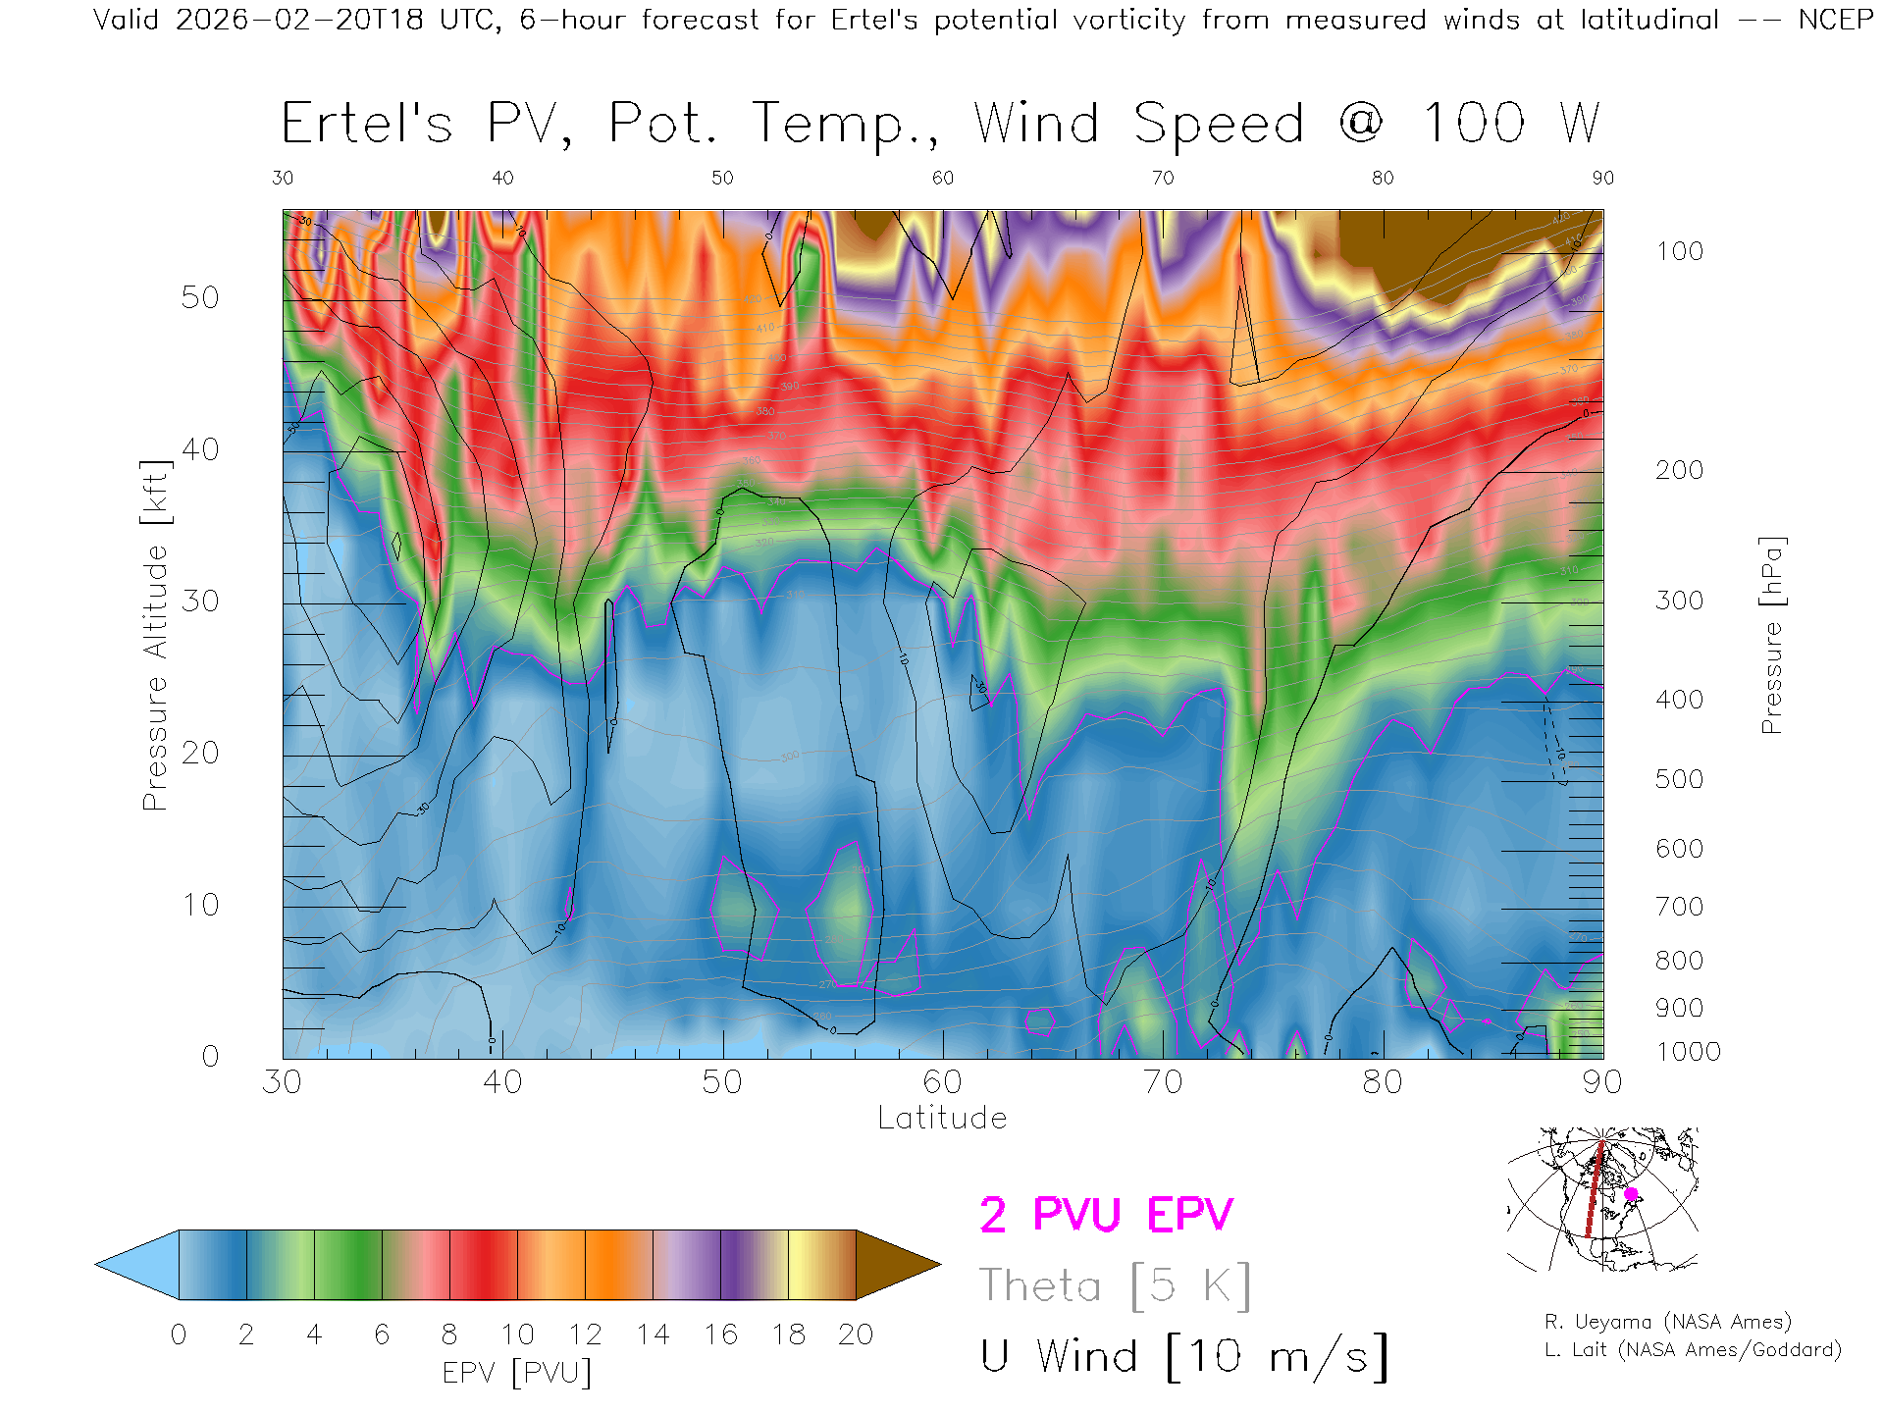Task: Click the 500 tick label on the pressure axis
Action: tap(1679, 779)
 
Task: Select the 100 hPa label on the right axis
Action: tap(1679, 251)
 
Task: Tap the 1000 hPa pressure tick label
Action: tap(1688, 1052)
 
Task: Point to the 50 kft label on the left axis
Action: tap(199, 297)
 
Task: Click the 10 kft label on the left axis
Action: tap(199, 905)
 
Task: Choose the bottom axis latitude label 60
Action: tap(942, 1081)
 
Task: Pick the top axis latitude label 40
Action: tap(502, 178)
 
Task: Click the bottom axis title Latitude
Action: tap(942, 1118)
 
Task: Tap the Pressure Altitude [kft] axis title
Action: tap(155, 635)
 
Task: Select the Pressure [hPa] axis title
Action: tap(1771, 635)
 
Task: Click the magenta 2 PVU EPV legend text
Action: tap(1106, 1215)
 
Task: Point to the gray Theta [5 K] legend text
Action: tap(1115, 1285)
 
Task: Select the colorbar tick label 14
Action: tap(653, 1334)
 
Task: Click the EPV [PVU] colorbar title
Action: tap(517, 1373)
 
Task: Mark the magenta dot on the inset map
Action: tap(1631, 1194)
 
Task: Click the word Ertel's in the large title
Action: tap(367, 125)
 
